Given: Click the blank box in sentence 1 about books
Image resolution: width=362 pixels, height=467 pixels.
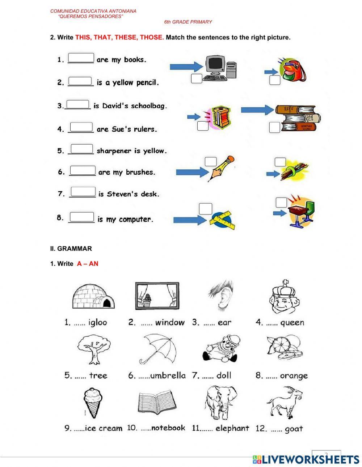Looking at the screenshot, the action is coord(81,58).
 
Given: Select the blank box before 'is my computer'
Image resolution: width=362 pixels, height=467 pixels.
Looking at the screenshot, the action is coord(82,217).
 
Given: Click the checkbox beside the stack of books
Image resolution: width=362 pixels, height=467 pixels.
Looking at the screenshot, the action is coord(274,127).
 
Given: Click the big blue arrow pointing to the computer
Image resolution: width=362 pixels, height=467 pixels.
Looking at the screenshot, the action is coord(185,66).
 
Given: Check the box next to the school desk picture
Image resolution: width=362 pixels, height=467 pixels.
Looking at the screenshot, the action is coord(281,203).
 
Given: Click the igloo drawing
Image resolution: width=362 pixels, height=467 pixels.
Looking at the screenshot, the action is coord(94,296).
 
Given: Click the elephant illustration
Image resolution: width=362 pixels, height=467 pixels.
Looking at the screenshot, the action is coord(220,402).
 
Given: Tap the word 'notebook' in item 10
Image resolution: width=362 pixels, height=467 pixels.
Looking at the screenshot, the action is coord(168,428).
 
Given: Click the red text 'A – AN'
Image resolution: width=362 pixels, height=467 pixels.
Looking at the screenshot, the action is coord(88,264).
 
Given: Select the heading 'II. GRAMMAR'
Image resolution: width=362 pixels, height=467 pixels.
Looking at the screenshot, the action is coord(71,249).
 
